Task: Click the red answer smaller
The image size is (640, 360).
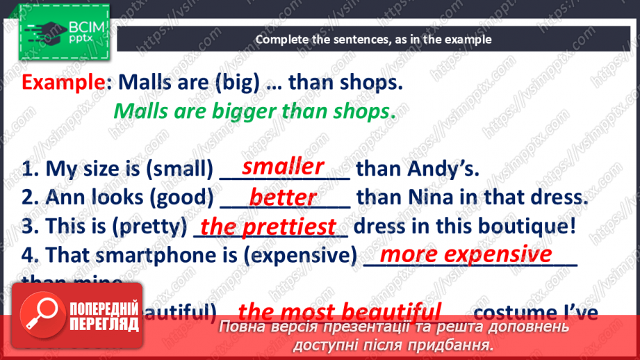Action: (283, 167)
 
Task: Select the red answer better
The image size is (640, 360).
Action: (283, 197)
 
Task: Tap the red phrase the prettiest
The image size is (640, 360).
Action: (268, 227)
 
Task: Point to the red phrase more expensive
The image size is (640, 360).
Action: (466, 254)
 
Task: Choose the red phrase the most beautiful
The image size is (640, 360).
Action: (339, 311)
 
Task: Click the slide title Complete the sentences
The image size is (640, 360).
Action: (373, 40)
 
